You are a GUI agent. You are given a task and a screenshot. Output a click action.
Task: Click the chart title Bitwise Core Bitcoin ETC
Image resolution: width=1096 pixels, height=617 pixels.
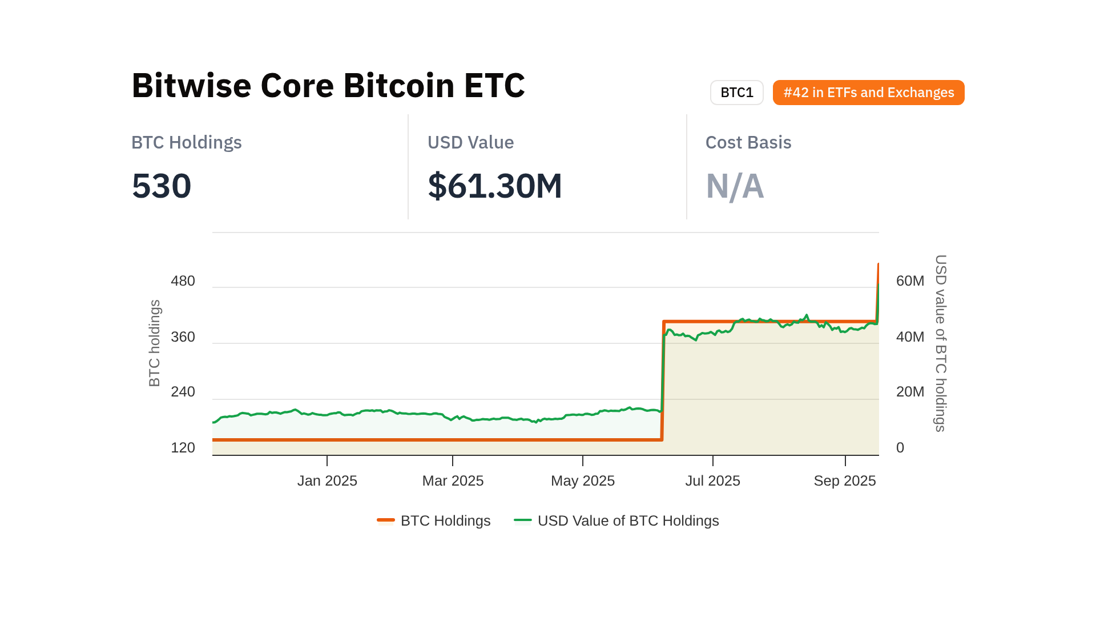[x=328, y=86]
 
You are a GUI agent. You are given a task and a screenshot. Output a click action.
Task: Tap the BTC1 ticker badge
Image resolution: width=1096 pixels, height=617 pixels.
[x=736, y=93]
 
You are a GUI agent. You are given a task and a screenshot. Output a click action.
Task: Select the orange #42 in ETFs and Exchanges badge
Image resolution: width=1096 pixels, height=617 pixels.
[x=868, y=93]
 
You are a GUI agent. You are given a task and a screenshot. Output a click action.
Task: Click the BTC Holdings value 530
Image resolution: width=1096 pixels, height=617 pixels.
[x=162, y=186]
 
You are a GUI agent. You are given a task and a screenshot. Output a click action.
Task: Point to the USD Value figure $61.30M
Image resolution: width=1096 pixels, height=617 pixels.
[x=495, y=186]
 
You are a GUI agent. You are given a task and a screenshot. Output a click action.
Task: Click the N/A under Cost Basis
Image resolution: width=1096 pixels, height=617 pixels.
[x=735, y=186]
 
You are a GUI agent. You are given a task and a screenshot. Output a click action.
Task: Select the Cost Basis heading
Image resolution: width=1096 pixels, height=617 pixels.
[x=748, y=142]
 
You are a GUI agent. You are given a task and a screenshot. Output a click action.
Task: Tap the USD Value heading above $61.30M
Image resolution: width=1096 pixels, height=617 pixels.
[x=470, y=142]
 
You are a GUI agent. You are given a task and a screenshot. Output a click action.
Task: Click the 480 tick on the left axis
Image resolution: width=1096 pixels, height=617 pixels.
[x=183, y=281]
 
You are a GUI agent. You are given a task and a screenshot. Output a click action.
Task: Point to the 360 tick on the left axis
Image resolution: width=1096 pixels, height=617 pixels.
[x=183, y=337]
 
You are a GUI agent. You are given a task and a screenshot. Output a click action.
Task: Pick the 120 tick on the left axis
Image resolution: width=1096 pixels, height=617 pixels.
[x=183, y=448]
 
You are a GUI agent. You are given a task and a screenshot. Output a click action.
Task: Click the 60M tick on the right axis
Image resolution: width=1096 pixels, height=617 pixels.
[x=910, y=281]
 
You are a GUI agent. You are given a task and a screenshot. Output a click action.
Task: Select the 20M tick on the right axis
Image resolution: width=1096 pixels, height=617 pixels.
[x=910, y=392]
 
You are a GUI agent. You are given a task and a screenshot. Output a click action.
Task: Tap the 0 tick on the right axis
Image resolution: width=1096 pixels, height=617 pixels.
[x=900, y=448]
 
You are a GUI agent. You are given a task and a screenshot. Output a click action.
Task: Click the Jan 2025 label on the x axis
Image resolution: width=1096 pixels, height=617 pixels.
[x=327, y=481]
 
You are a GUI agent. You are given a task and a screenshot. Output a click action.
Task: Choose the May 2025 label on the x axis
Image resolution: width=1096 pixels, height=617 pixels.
[x=582, y=481]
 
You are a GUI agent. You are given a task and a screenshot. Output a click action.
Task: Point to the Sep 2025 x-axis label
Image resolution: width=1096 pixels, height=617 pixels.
[x=844, y=481]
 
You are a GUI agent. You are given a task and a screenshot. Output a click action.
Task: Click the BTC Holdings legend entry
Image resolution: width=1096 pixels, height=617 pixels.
[x=434, y=521]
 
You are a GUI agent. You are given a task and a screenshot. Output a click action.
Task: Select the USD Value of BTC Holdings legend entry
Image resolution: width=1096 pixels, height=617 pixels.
[x=616, y=521]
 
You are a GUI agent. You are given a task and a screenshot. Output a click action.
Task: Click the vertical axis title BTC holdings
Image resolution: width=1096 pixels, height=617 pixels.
[x=155, y=343]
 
